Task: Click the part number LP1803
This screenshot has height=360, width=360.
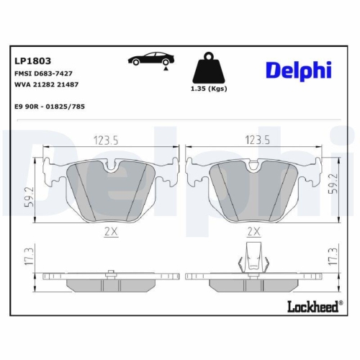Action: click(31, 61)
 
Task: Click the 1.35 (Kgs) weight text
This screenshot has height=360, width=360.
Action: click(207, 89)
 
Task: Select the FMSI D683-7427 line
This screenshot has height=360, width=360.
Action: click(43, 74)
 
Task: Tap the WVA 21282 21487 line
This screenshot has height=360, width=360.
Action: click(47, 85)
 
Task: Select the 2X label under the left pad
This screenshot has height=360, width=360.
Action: click(109, 231)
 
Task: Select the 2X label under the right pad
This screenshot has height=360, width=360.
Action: click(253, 231)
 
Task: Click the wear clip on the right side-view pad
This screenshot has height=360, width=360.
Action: click(253, 257)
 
